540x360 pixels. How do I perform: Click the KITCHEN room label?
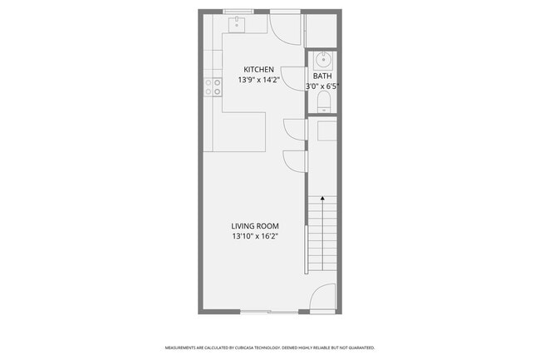[258, 69]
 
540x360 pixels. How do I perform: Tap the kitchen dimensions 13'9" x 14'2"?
[258, 80]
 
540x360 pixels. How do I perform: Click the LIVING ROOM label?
[255, 226]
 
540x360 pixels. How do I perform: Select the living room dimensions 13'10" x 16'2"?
[255, 236]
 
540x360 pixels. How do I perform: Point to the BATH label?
[322, 76]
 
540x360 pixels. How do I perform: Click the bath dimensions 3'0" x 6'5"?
[322, 86]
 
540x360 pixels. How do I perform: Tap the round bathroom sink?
[323, 60]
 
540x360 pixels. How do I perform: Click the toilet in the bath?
[324, 102]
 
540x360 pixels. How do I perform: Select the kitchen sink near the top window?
[237, 24]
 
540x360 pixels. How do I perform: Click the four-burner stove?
[213, 87]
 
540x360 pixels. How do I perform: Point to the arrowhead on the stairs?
[322, 198]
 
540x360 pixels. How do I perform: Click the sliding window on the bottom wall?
[269, 312]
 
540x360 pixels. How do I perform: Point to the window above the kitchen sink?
[238, 12]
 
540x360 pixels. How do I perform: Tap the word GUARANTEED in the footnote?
[362, 348]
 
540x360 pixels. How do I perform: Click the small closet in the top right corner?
[321, 30]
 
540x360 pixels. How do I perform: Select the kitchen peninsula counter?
[239, 131]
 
